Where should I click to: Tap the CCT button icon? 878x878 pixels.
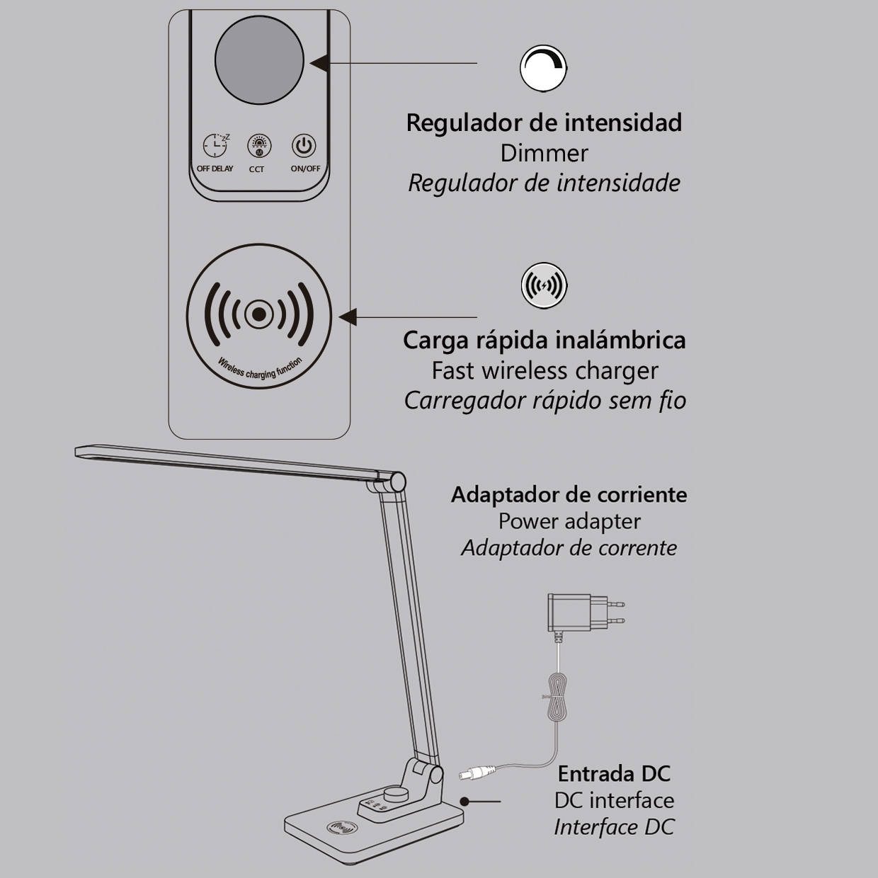pos(259,146)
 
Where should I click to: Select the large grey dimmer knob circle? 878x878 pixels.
pos(259,60)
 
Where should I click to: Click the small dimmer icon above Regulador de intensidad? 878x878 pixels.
pos(544,69)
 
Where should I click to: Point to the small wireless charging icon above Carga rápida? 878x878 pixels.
pos(544,285)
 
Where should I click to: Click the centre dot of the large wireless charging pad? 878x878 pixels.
pos(259,314)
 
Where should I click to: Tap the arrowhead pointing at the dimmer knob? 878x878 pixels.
pos(319,63)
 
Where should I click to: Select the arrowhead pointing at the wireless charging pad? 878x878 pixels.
pos(348,317)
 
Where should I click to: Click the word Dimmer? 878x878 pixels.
pos(544,153)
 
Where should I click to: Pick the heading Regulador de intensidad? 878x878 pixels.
pos(544,122)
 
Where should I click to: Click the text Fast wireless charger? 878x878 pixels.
pos(545,370)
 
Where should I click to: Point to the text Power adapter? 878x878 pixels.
pos(569,521)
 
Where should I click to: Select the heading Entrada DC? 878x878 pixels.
pos(614,774)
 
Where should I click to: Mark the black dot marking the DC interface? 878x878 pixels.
pos(464,801)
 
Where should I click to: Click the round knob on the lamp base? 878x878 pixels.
pos(393,794)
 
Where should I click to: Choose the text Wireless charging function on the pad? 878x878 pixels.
pos(259,369)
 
